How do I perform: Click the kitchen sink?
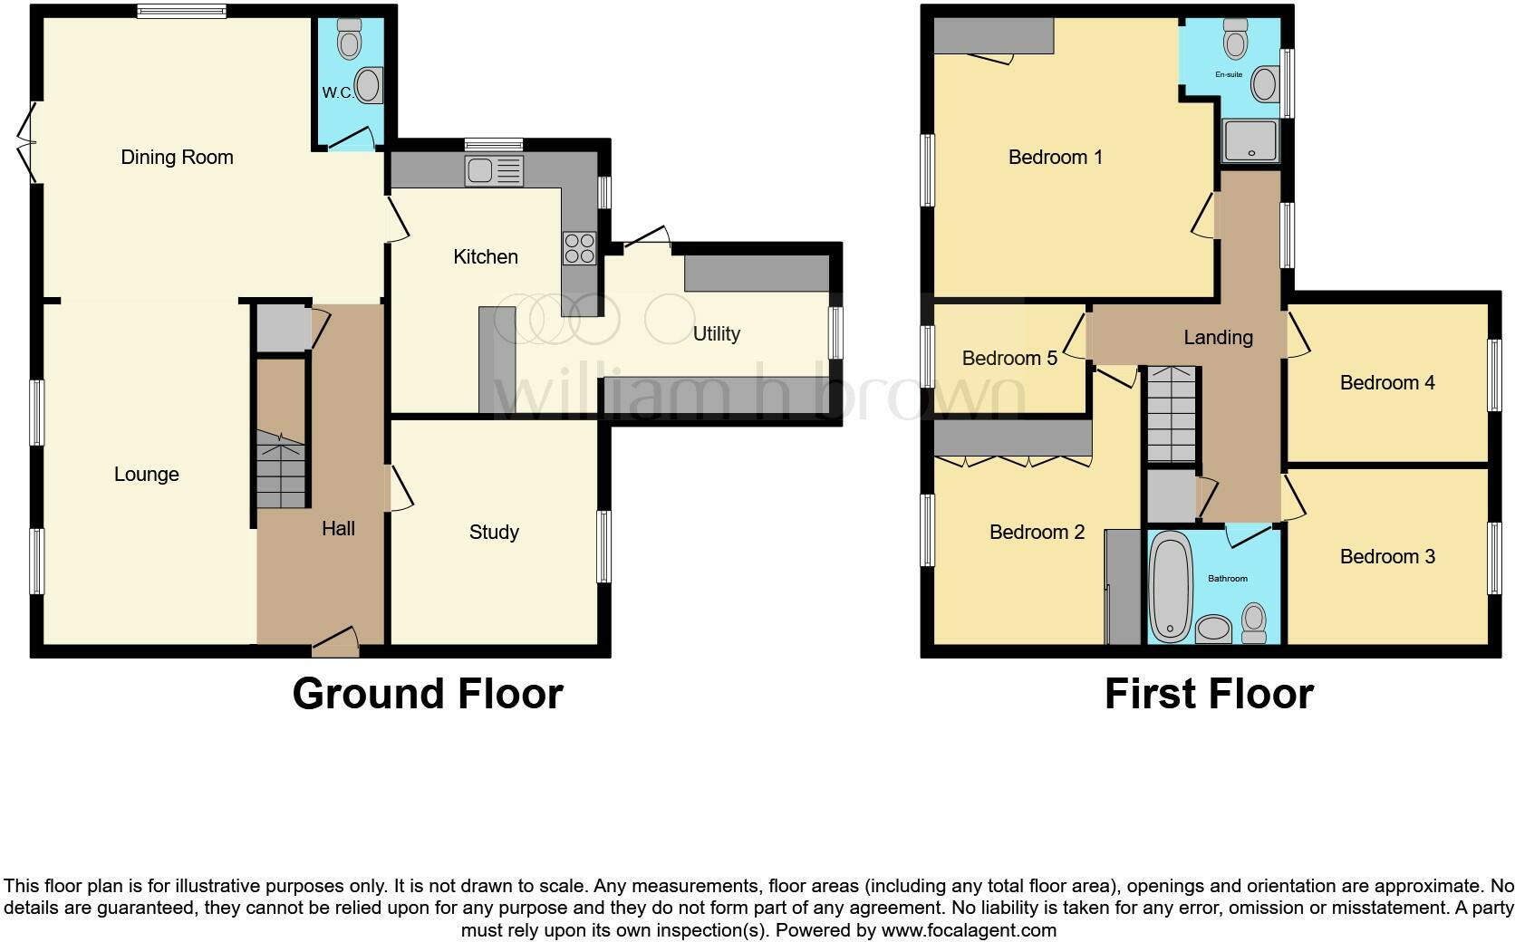[x=493, y=170]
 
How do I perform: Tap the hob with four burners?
[x=579, y=248]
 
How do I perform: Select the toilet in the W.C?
[x=349, y=38]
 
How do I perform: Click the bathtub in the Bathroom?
[x=1170, y=586]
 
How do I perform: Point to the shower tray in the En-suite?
[x=1250, y=141]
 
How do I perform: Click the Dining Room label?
[x=177, y=158]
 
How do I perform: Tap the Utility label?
[x=716, y=334]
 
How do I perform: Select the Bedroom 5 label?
[x=1008, y=359]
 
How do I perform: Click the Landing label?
[x=1218, y=338]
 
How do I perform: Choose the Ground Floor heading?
[x=427, y=694]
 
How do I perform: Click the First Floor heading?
[x=1208, y=694]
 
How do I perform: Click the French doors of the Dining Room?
[x=28, y=142]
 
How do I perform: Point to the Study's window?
[x=603, y=546]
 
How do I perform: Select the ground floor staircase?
[x=280, y=469]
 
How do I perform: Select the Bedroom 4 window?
[x=1495, y=375]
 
